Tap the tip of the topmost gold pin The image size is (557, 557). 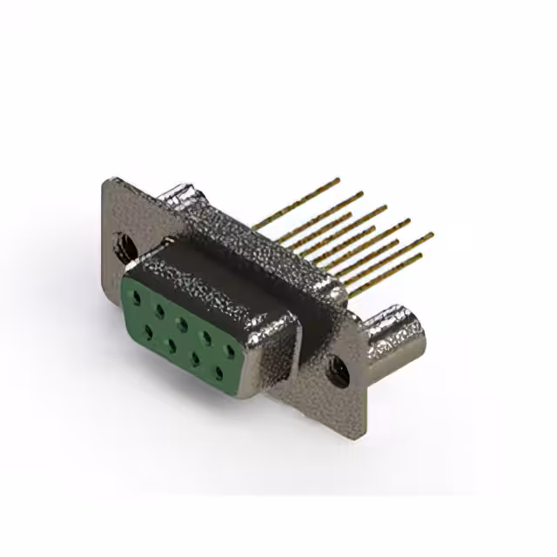click(337, 180)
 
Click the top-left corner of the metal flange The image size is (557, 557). click(105, 180)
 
